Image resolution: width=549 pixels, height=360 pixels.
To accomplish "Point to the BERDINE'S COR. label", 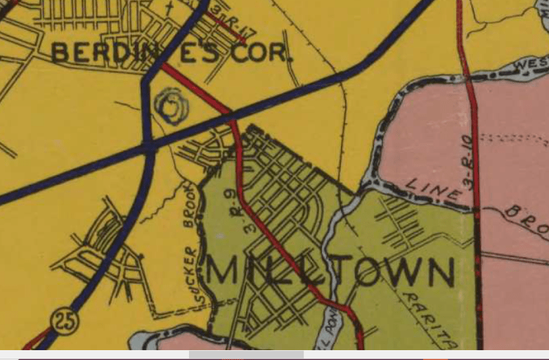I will click(x=171, y=52).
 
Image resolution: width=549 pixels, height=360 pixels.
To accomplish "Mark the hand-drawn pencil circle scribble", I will click(x=173, y=106).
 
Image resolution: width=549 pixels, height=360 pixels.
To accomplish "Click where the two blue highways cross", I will click(x=149, y=146).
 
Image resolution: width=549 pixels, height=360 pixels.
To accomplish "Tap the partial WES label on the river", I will click(x=531, y=65).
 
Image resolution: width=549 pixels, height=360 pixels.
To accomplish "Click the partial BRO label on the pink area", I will click(x=527, y=220).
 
